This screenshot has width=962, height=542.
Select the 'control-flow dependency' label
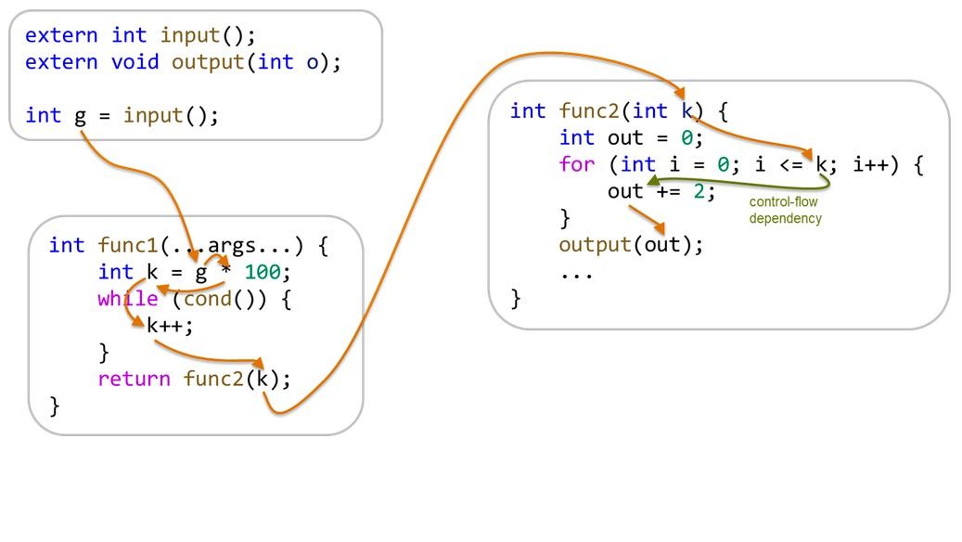[785, 210]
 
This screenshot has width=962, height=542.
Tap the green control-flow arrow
[742, 183]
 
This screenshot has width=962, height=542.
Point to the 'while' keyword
[128, 299]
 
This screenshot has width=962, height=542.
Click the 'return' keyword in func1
[135, 379]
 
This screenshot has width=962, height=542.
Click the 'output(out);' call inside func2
[632, 245]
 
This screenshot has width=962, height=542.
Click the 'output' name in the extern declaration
[201, 62]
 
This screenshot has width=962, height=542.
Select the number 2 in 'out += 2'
[699, 192]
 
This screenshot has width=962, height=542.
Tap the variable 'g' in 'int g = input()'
[80, 116]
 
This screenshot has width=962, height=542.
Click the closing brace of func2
[516, 298]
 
